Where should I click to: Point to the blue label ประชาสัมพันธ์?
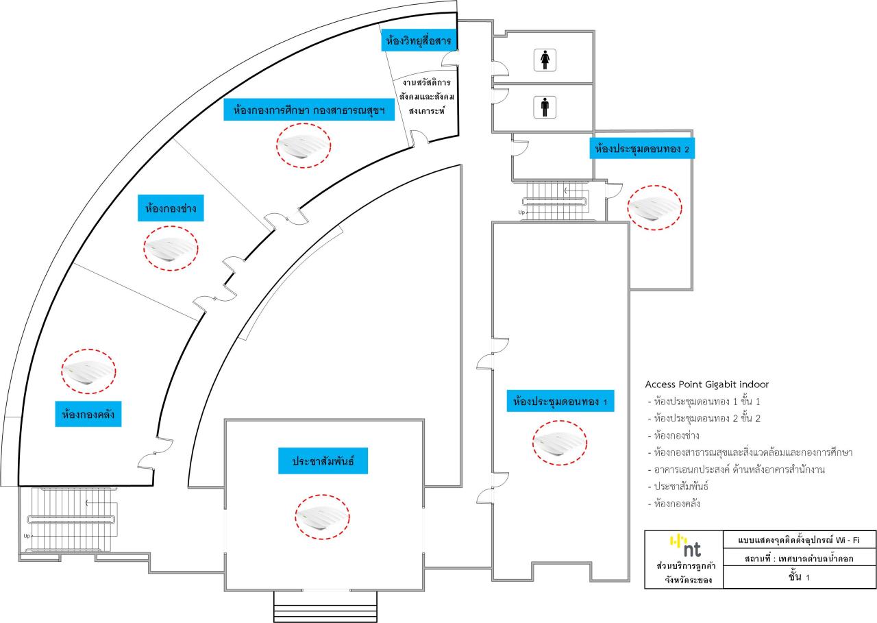(323, 461)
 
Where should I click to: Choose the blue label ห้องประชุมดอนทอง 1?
(560, 401)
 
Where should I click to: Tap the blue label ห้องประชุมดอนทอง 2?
(642, 148)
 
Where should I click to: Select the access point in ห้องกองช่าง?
(171, 249)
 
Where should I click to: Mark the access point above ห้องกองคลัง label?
(89, 372)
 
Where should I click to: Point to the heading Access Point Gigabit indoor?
(706, 384)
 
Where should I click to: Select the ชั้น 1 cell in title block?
(798, 578)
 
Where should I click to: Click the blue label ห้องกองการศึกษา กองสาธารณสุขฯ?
(309, 110)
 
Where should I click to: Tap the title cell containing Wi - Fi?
(798, 541)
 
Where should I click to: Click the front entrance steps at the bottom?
(325, 606)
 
